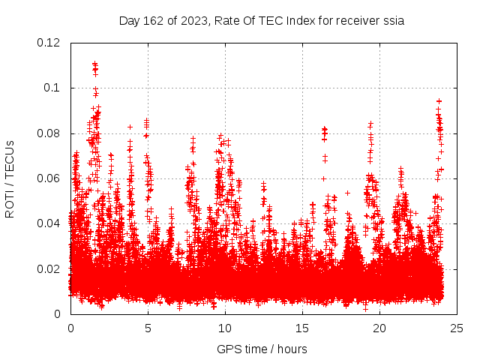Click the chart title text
tap(262, 21)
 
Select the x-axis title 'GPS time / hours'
tap(262, 349)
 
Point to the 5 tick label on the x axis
tap(148, 328)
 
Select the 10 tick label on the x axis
tap(225, 328)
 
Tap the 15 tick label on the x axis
tap(302, 328)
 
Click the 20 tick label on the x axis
tap(379, 328)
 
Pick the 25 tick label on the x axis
tap(457, 328)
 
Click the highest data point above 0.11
tap(94, 64)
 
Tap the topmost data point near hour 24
tap(439, 100)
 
